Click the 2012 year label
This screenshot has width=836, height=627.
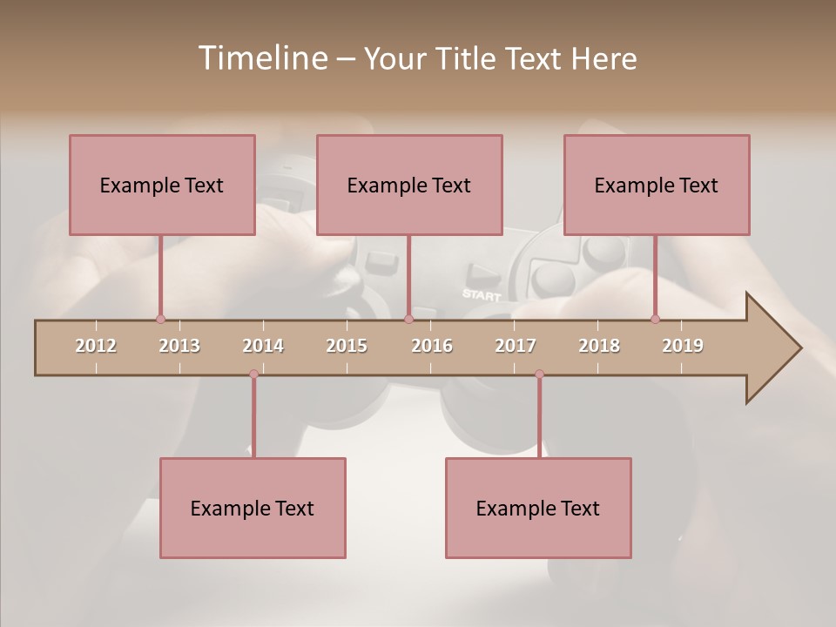coord(96,346)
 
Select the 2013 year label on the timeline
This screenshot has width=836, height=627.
coord(179,346)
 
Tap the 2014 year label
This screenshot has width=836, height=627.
coord(263,346)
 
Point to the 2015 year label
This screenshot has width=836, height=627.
coord(347,346)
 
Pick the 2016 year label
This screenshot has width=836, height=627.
coord(432,346)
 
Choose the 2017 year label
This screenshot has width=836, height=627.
coord(516,346)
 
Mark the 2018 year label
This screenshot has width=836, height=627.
coord(599,346)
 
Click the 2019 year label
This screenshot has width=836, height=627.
coord(683,346)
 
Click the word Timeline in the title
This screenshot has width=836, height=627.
coord(261,58)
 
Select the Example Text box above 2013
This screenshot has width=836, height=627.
coord(162,185)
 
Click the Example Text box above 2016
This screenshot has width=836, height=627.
coord(409,185)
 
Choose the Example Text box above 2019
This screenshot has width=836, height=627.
coord(657,185)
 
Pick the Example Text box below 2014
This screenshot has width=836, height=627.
coord(253,508)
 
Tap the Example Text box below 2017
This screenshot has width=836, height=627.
coord(538,508)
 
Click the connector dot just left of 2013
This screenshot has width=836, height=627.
coord(160,320)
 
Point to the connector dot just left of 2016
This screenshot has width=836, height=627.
coord(408,320)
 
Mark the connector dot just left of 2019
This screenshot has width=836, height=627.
coord(655,320)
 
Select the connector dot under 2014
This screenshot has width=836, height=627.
coord(253,374)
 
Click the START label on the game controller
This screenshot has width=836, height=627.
coord(482,294)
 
